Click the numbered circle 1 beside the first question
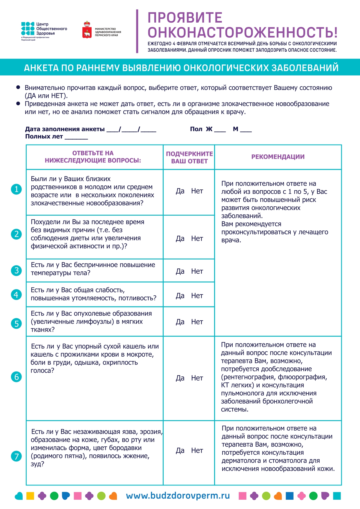16,189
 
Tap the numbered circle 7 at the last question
16,456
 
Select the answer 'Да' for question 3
180,271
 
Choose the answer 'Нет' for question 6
197,378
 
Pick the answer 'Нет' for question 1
197,191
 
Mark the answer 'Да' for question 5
180,322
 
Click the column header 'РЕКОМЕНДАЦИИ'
278,157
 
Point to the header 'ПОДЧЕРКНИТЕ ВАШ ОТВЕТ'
189,158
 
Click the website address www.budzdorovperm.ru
178,496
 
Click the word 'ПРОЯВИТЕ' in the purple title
185,18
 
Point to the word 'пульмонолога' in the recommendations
240,393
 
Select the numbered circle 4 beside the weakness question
16,295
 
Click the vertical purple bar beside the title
137,31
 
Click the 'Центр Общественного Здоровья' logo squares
28,29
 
